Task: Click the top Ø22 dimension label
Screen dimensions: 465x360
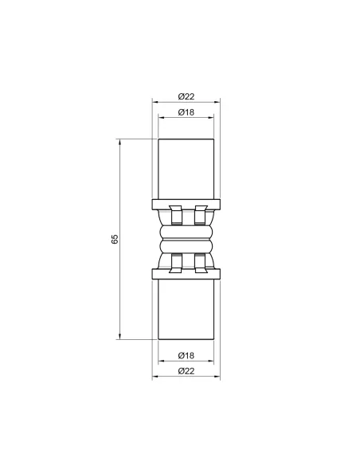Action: click(185, 96)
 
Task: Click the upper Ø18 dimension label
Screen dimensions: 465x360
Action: click(185, 111)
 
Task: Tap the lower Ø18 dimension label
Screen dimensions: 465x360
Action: click(185, 354)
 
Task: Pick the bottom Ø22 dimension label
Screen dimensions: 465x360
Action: click(185, 370)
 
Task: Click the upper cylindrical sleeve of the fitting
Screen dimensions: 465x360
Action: click(185, 168)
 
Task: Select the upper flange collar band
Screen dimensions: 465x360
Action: click(185, 202)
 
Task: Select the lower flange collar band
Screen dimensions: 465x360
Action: click(185, 275)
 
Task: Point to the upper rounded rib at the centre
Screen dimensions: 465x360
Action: click(185, 230)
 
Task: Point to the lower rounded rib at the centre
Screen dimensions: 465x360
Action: click(185, 248)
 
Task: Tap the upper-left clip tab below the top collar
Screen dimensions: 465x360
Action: click(175, 216)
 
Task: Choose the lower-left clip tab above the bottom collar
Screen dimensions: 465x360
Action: click(175, 262)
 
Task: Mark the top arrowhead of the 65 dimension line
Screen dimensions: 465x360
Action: click(121, 143)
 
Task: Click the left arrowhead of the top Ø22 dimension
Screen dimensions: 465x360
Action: click(155, 104)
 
